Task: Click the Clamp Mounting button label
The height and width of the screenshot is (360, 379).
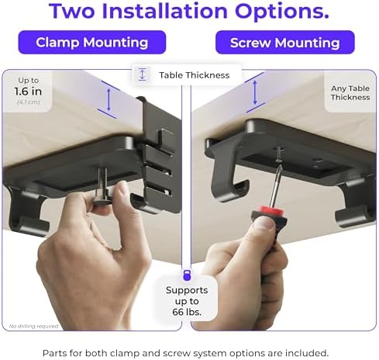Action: pyautogui.click(x=92, y=43)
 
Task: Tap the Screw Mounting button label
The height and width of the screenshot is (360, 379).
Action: pyautogui.click(x=285, y=43)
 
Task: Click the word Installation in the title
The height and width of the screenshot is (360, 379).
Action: pyautogui.click(x=165, y=11)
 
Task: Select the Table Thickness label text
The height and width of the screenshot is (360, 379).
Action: pyautogui.click(x=195, y=75)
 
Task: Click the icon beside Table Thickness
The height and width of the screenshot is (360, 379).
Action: pyautogui.click(x=142, y=74)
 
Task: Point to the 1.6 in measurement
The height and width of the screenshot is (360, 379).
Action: pyautogui.click(x=28, y=92)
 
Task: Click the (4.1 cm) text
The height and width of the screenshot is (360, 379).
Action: pyautogui.click(x=28, y=102)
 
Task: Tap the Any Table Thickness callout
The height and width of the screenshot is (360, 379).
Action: pyautogui.click(x=350, y=93)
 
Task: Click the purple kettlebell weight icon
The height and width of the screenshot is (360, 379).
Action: pyautogui.click(x=187, y=275)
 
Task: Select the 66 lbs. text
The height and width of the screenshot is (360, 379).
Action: pyautogui.click(x=187, y=312)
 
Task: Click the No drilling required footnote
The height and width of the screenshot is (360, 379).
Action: pyautogui.click(x=33, y=326)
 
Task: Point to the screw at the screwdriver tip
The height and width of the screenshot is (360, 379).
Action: pyautogui.click(x=278, y=155)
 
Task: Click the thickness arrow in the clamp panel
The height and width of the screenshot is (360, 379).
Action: pyautogui.click(x=109, y=100)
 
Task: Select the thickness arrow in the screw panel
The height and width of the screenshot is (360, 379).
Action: pyautogui.click(x=255, y=92)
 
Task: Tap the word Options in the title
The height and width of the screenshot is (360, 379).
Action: pyautogui.click(x=282, y=11)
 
